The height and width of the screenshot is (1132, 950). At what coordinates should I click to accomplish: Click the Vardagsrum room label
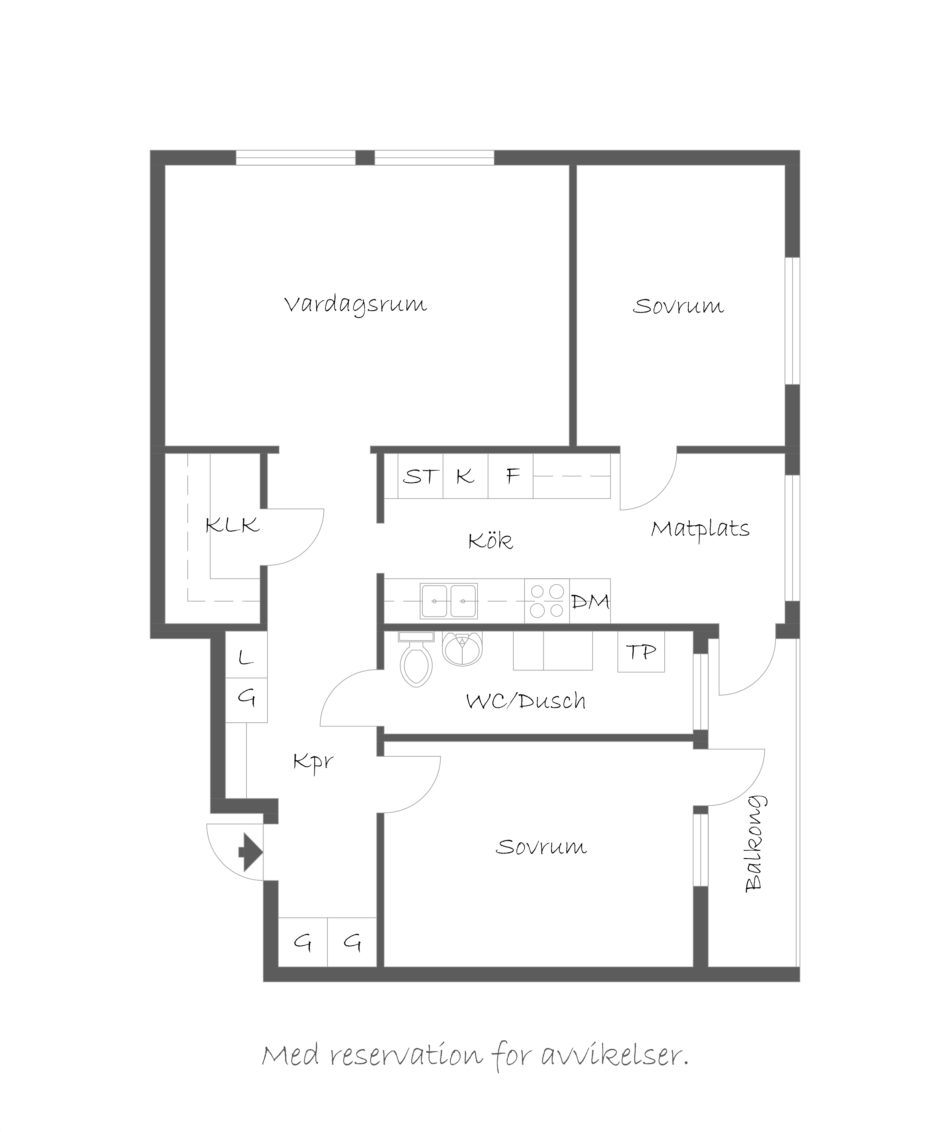(356, 304)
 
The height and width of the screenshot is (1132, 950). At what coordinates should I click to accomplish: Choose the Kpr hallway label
(313, 762)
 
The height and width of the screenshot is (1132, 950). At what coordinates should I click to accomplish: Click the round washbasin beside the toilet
(462, 649)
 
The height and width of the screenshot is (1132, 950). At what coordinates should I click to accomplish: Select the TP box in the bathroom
(641, 652)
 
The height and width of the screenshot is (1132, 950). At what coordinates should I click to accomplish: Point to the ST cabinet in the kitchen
(420, 476)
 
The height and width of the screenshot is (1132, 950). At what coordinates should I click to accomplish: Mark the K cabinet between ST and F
(465, 476)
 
